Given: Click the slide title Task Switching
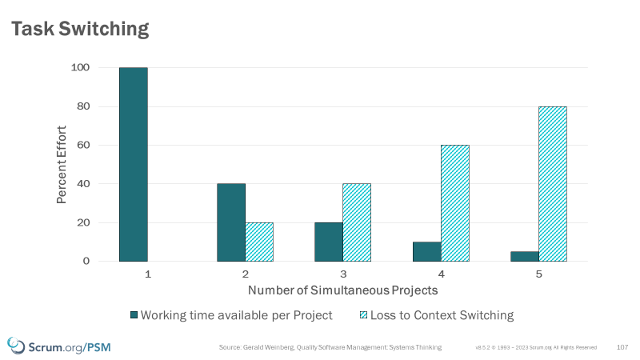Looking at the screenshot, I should pyautogui.click(x=80, y=30).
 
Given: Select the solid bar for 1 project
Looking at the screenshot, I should pyautogui.click(x=134, y=164).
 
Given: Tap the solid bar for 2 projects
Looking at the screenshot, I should pyautogui.click(x=231, y=222).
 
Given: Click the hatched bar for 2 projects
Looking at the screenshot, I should pyautogui.click(x=259, y=242).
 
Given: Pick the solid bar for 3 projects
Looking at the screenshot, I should pyautogui.click(x=329, y=242).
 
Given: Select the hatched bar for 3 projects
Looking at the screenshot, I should pyautogui.click(x=357, y=222).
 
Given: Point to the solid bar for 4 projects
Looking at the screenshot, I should pyautogui.click(x=426, y=251).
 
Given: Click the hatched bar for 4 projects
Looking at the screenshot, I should pyautogui.click(x=454, y=203).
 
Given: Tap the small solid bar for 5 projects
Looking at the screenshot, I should pyautogui.click(x=524, y=256).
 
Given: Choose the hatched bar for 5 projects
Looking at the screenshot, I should pyautogui.click(x=552, y=184).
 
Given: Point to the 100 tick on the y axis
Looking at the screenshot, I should pyautogui.click(x=82, y=68).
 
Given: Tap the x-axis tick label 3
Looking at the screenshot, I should pyautogui.click(x=342, y=274).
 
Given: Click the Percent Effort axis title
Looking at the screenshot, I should pyautogui.click(x=62, y=164).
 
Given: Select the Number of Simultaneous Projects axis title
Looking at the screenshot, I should pyautogui.click(x=342, y=289).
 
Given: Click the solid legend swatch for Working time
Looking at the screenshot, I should pyautogui.click(x=134, y=315).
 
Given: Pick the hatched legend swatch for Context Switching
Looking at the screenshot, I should pyautogui.click(x=363, y=315).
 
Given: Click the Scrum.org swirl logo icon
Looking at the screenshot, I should pyautogui.click(x=15, y=346).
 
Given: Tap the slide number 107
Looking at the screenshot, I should pyautogui.click(x=622, y=347).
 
